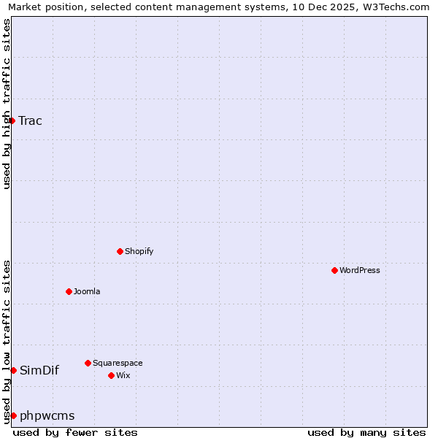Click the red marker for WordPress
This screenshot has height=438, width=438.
[334, 270]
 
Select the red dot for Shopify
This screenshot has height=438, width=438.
[120, 251]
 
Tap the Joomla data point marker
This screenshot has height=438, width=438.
[69, 291]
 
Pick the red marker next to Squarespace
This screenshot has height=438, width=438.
[88, 363]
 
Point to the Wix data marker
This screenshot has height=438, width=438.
[111, 375]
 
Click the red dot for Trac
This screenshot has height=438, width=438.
[12, 120]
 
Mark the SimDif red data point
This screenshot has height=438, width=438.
[13, 370]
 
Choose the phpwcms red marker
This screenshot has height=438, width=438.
[13, 415]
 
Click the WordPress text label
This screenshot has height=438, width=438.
[360, 270]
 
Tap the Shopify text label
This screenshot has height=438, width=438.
[139, 251]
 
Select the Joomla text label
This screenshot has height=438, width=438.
[87, 291]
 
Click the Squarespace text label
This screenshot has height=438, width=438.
[118, 363]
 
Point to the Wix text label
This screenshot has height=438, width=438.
[123, 375]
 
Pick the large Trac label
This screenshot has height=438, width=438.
[31, 120]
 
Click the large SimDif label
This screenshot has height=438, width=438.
[39, 370]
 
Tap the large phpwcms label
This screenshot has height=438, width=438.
[47, 415]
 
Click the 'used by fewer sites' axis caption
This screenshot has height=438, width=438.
[75, 432]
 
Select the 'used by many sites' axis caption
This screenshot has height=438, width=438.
[366, 432]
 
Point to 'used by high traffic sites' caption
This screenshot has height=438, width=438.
[7, 104]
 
